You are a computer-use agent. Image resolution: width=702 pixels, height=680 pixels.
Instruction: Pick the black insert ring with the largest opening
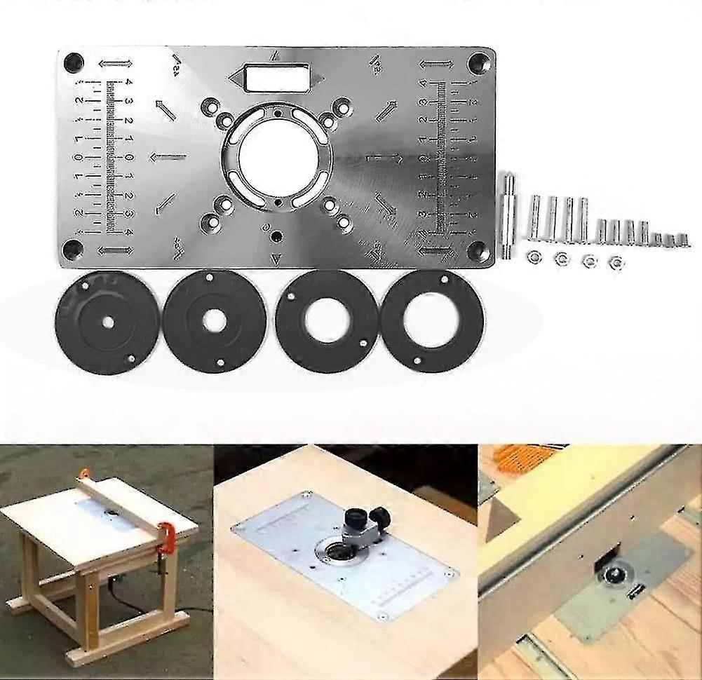coord(431,320)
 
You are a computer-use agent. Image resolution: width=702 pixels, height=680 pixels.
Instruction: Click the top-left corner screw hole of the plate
coord(72,62)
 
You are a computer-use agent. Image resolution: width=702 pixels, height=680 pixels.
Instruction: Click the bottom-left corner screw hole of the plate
coord(72,247)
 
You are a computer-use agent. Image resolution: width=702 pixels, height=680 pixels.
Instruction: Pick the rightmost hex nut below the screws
coord(616,262)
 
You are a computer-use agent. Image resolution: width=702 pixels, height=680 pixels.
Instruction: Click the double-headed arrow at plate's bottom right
coord(435,249)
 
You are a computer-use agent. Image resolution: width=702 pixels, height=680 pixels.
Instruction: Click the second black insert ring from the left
coord(215,321)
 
